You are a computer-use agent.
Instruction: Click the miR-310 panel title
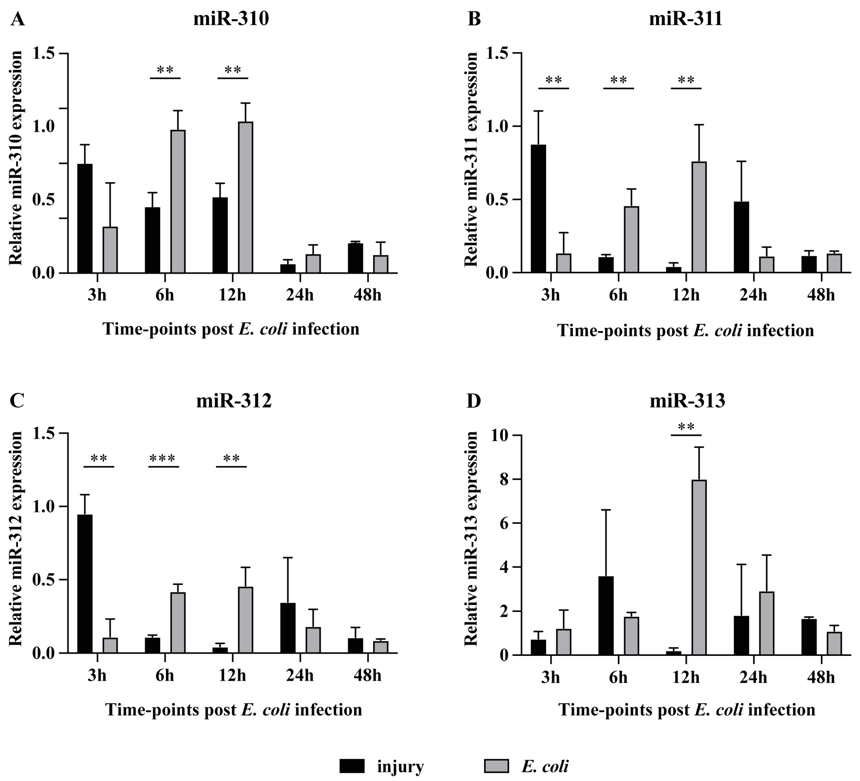231,19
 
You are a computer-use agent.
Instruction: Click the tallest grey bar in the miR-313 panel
699,567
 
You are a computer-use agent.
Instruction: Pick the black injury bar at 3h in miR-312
85,584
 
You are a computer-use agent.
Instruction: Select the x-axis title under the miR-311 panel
685,331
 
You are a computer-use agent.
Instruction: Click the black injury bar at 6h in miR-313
606,616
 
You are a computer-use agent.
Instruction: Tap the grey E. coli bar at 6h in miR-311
631,239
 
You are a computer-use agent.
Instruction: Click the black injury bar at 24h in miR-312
288,628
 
